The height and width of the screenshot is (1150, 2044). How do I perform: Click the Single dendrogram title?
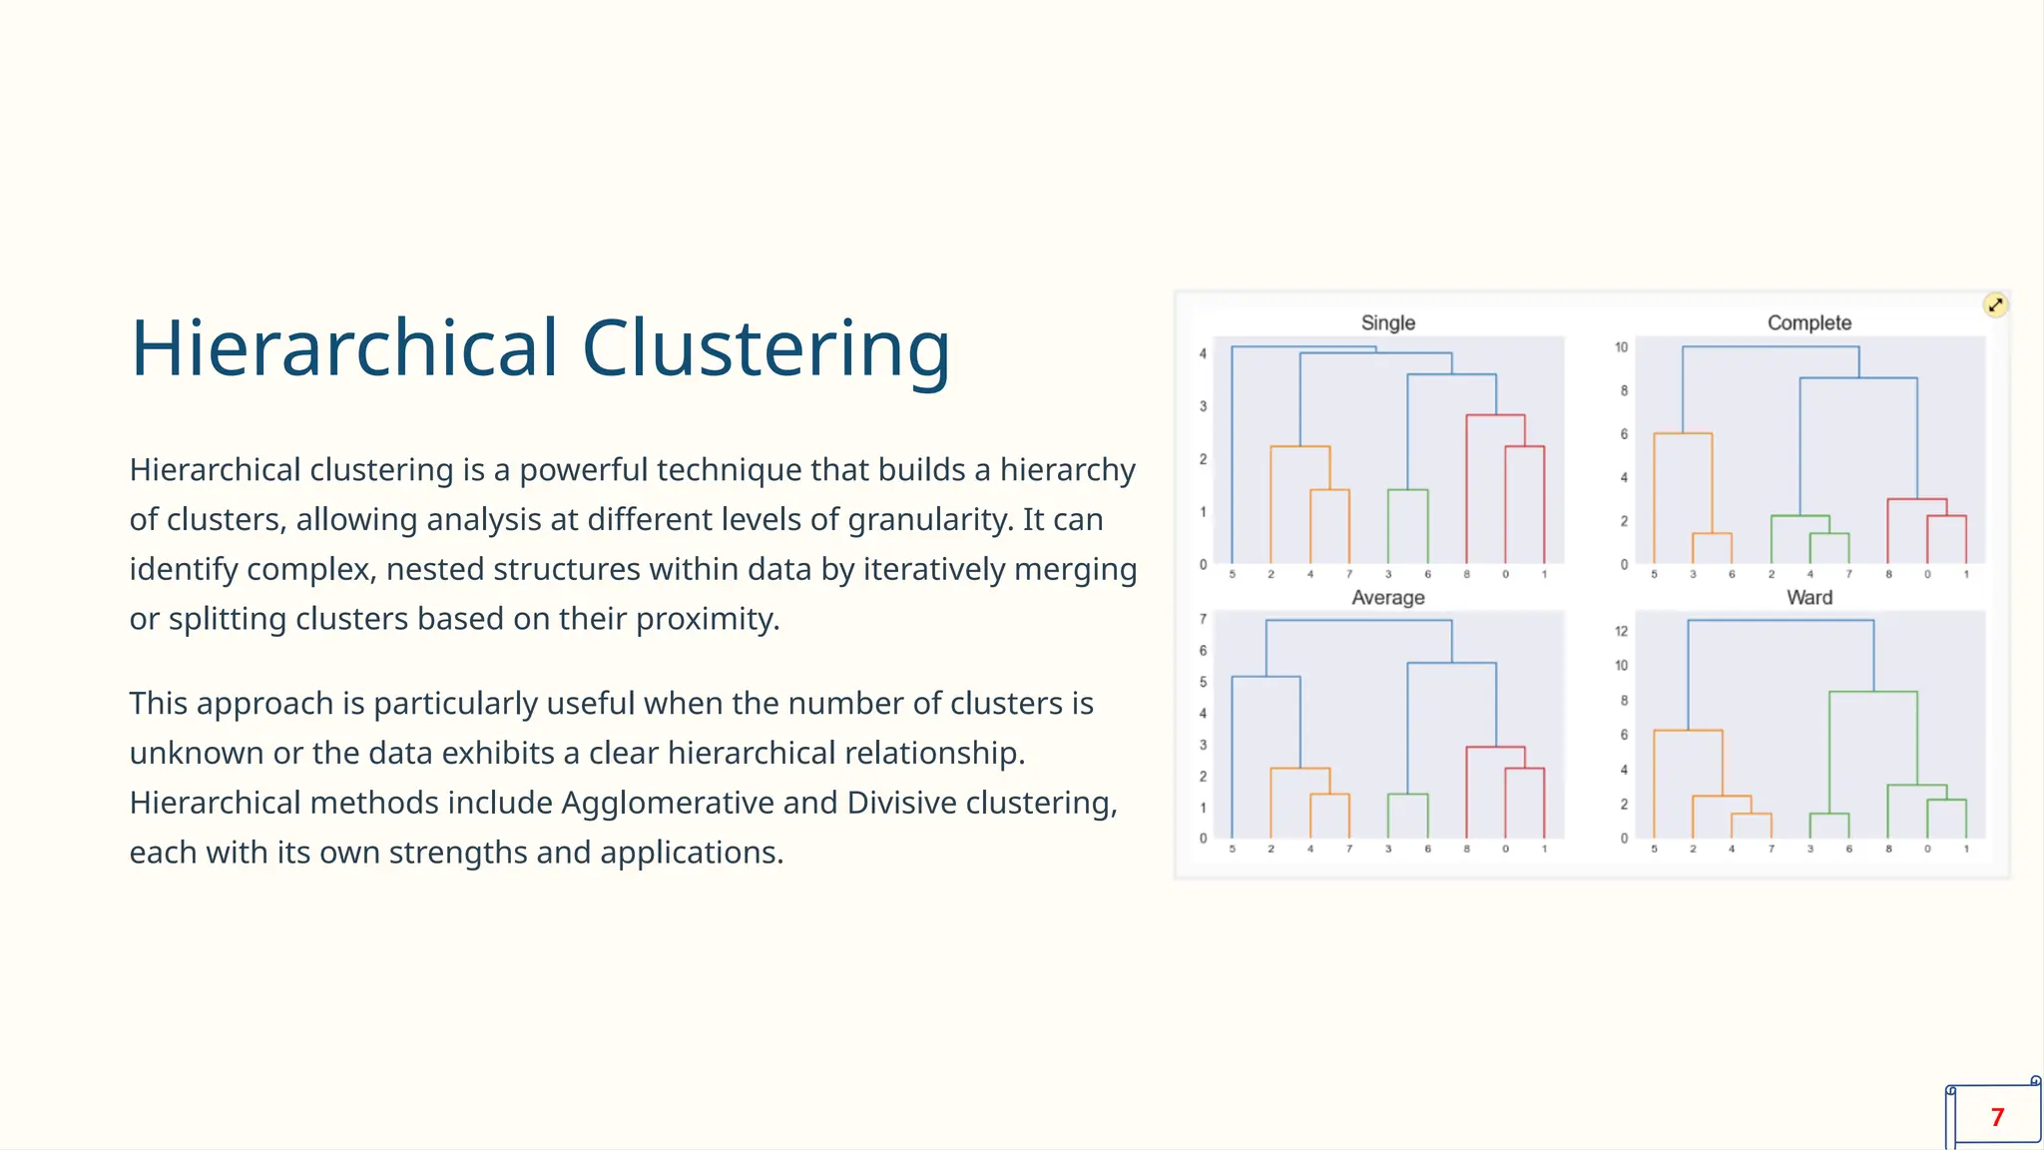[1387, 322]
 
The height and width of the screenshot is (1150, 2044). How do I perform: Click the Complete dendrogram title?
[1808, 322]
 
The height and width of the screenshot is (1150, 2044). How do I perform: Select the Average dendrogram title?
[1387, 597]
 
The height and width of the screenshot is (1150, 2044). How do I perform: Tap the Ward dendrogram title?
[1808, 597]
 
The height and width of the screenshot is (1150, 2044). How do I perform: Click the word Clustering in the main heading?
[766, 348]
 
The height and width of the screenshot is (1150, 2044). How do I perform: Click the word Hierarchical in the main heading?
[344, 348]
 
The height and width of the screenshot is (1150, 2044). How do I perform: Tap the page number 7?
[1997, 1117]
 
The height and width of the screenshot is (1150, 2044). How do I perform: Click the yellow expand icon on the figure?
[1995, 305]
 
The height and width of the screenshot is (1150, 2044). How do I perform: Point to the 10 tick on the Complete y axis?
[1621, 347]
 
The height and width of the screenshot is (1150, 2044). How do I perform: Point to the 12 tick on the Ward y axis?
[1621, 631]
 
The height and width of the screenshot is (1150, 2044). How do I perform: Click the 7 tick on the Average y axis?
[1203, 619]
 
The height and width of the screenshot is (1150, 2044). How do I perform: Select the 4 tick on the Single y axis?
[1203, 353]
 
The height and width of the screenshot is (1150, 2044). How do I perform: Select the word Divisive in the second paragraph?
[901, 803]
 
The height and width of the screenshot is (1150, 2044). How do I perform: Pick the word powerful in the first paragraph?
[583, 469]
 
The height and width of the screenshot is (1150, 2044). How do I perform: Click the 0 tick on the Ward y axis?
[1624, 839]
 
